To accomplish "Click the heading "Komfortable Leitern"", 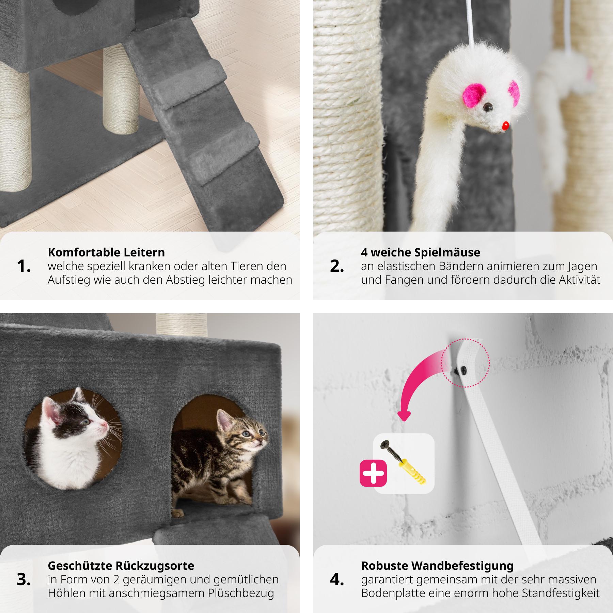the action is pos(106,252).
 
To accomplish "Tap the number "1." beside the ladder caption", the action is pos(24,267).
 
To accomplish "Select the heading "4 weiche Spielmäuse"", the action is pos(421,252).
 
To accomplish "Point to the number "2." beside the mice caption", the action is pos(337,267).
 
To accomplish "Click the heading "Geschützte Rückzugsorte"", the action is pos(121,566).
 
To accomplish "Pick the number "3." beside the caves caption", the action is pos(24,580).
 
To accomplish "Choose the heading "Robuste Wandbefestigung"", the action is pos(437,566).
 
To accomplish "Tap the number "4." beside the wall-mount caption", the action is pos(337,580).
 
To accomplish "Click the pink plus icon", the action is pos(373,473).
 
